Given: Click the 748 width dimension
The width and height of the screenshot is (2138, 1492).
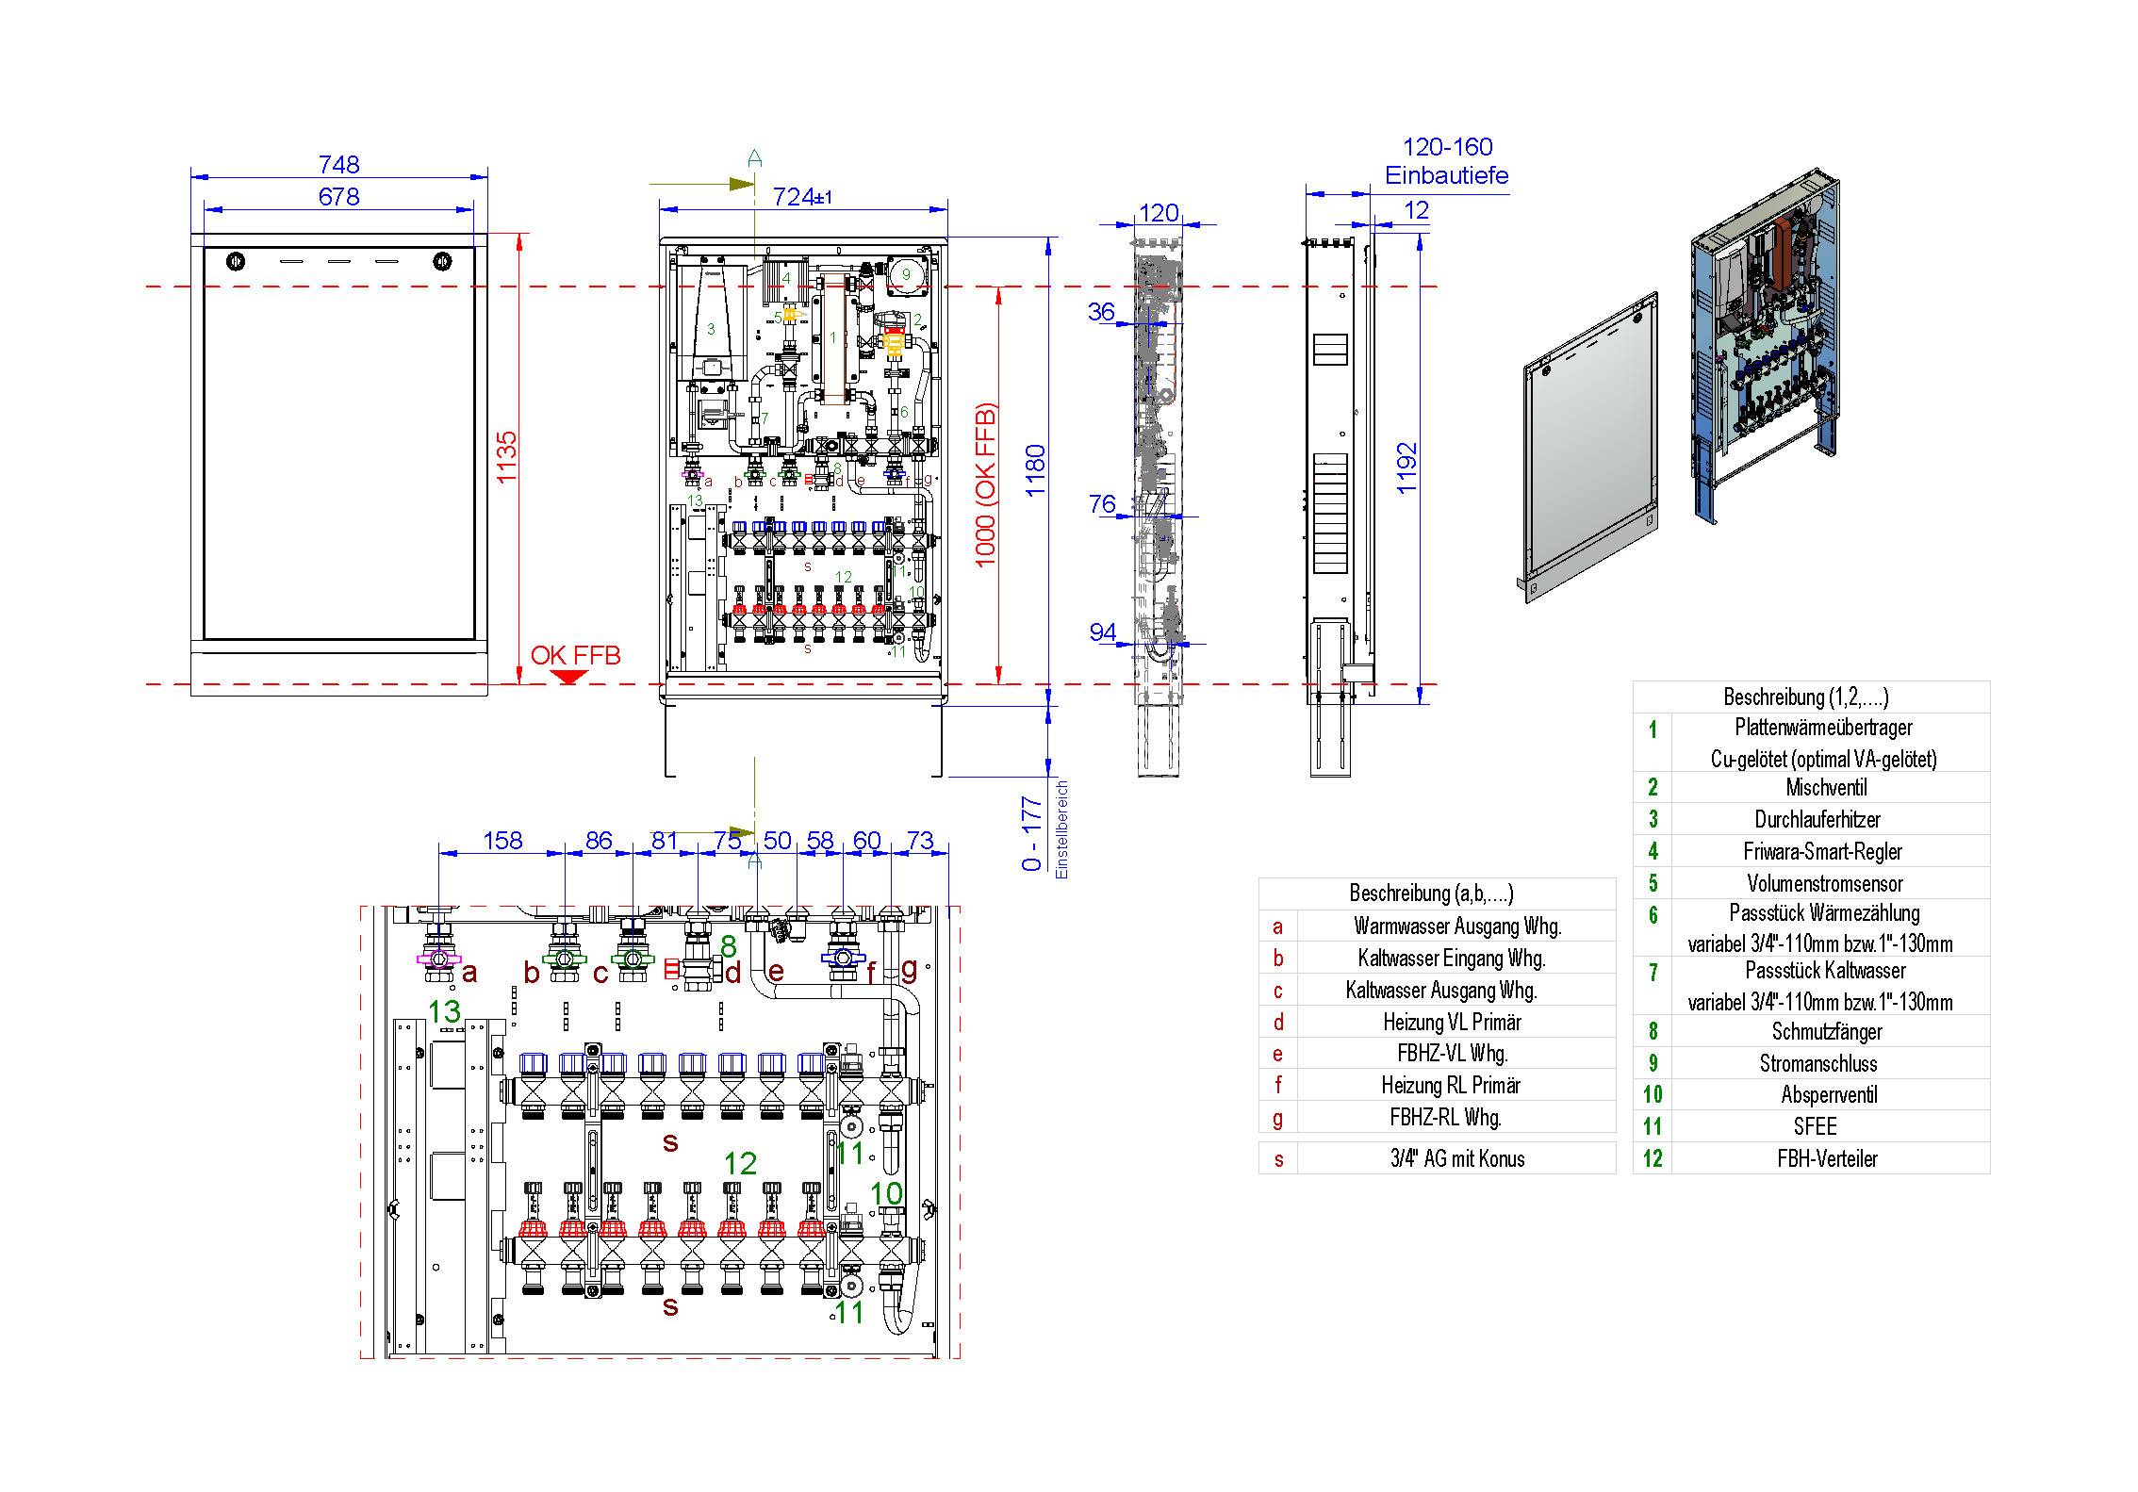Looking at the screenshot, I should point(338,164).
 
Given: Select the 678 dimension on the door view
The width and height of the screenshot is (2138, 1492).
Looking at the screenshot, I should point(338,196).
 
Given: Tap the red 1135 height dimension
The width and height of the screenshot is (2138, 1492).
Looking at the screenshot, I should point(507,457).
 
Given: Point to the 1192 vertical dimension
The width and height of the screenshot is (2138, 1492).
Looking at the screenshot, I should point(1406,467).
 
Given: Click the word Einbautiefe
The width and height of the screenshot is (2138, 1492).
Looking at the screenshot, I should point(1446,175).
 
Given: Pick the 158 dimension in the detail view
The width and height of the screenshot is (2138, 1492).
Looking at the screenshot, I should point(502,840).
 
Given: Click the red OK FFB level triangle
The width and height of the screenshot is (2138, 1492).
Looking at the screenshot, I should point(569,677).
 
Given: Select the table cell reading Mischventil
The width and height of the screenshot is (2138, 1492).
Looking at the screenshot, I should point(1826,787).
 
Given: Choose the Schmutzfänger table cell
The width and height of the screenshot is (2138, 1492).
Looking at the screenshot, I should point(1826,1031).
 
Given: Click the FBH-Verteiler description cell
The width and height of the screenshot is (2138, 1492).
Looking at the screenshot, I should point(1827,1158).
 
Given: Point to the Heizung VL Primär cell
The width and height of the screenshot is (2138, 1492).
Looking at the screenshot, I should point(1452,1022).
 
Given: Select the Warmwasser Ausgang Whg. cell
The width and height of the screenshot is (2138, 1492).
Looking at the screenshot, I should point(1457,926).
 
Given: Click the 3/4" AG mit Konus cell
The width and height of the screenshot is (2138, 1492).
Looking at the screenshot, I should point(1457,1158).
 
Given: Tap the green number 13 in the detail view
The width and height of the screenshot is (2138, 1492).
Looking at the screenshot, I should point(444,1011).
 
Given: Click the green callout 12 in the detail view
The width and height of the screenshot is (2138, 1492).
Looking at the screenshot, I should point(740,1163).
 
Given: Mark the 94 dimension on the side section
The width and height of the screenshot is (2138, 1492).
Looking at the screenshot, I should point(1102,631).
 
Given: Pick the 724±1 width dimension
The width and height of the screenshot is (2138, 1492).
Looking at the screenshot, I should point(801,196).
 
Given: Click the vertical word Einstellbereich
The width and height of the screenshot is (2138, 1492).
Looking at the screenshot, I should point(1062,829).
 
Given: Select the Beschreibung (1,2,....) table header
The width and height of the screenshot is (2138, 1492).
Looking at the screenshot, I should point(1805,697).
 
